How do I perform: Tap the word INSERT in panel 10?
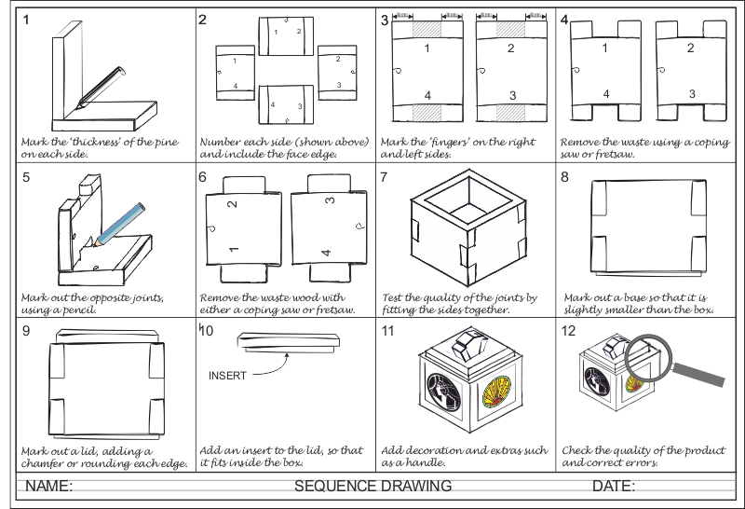[227, 375]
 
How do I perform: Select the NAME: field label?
[48, 486]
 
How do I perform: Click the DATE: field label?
[614, 486]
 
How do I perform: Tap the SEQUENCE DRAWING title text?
[372, 486]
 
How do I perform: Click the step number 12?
[569, 331]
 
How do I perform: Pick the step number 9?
[26, 329]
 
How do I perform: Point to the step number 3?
[385, 20]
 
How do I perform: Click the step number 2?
[203, 20]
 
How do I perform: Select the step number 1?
[26, 19]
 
